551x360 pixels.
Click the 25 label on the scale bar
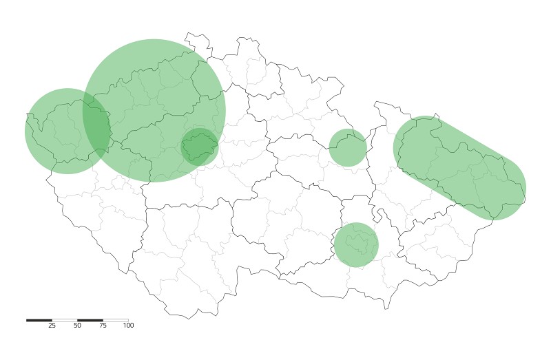point(52,326)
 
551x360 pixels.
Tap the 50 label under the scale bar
point(77,326)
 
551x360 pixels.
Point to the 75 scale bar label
point(103,326)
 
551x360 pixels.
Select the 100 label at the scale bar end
point(128,326)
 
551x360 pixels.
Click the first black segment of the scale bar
point(39,320)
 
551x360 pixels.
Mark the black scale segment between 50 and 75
point(90,320)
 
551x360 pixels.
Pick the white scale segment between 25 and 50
point(65,320)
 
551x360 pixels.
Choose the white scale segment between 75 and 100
point(116,320)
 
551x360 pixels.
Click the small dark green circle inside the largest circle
point(199,147)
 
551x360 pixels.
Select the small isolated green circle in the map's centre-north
point(347,147)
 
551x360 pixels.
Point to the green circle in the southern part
point(356,244)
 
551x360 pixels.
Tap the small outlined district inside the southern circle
point(358,243)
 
